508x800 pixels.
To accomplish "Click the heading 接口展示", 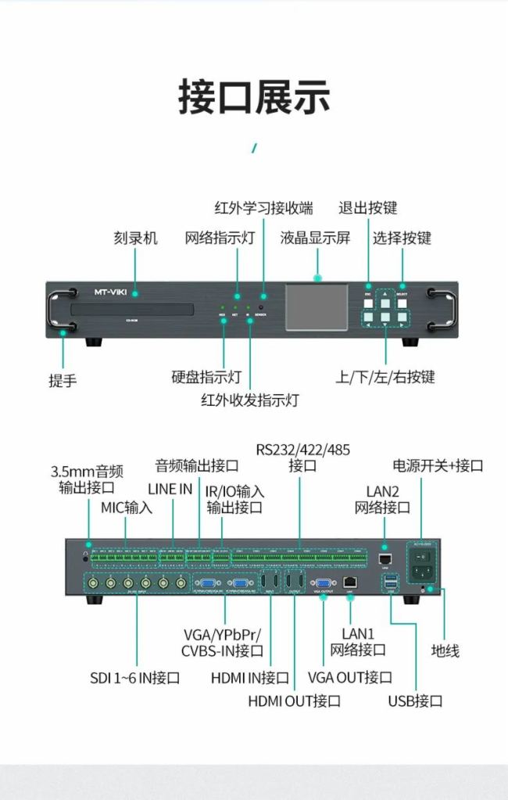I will (254, 96).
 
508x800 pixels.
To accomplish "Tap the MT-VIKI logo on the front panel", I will (110, 292).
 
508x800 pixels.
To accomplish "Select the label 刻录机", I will (135, 238).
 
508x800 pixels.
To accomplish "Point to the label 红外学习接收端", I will (263, 208).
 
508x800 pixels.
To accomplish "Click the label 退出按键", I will (367, 208).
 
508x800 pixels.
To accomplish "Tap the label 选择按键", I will (402, 238).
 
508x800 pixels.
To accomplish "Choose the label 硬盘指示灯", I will (206, 376).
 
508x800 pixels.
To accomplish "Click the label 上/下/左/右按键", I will (385, 376).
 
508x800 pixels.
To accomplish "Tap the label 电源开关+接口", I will (438, 465).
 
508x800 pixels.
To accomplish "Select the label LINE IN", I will (170, 489).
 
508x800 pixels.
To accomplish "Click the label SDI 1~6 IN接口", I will (135, 677).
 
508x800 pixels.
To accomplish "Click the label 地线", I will (445, 650).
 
